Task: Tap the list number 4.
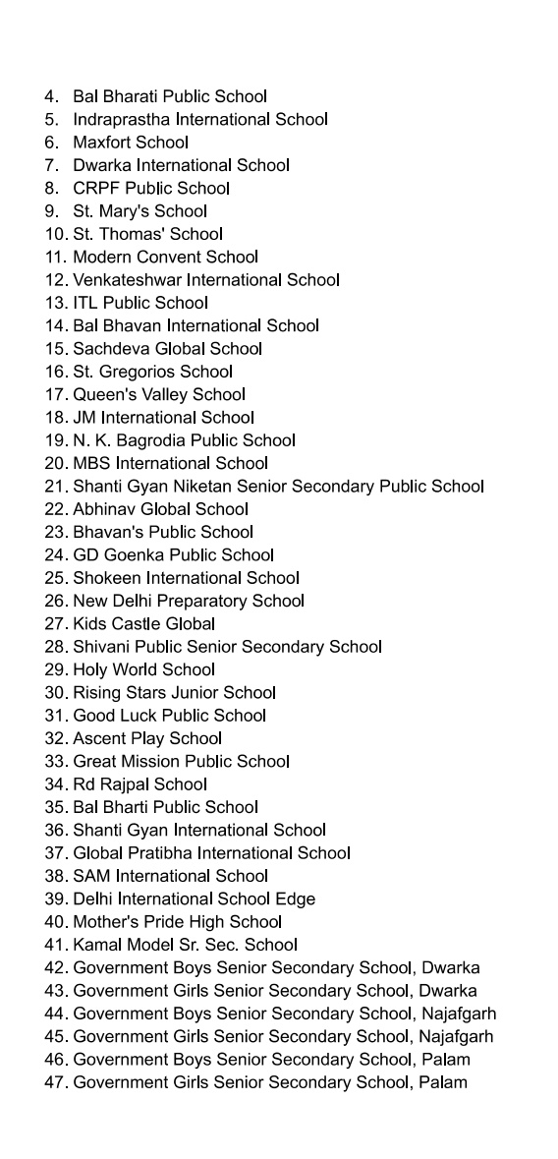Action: pos(50,96)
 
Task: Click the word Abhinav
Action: pos(103,509)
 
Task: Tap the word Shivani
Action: pos(102,647)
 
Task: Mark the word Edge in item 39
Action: pos(296,899)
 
